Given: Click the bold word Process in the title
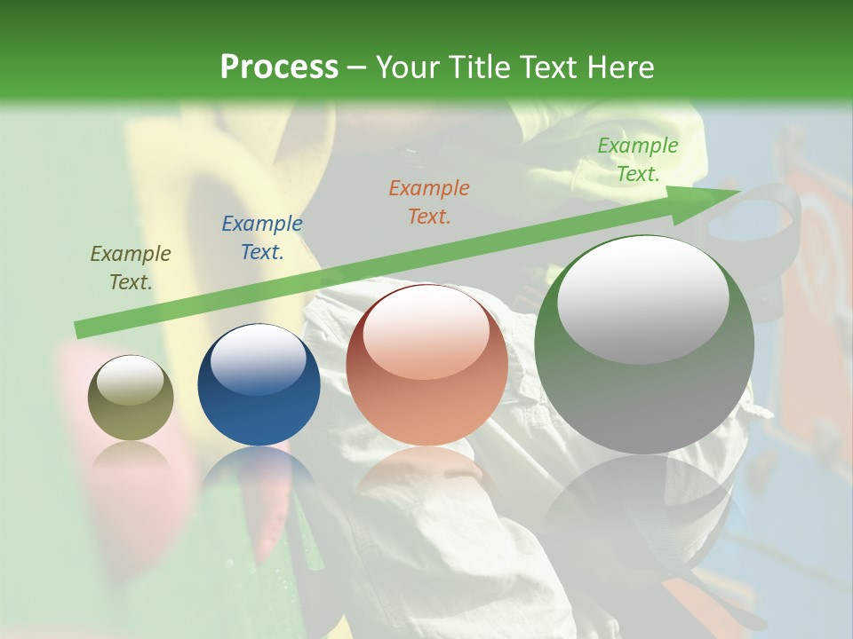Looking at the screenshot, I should (279, 67).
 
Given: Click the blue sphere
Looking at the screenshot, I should (259, 385).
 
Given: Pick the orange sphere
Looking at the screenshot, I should (426, 365).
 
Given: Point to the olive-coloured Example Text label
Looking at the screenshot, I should (131, 268).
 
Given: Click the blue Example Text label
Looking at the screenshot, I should (262, 238).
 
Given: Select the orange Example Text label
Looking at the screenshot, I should (429, 202).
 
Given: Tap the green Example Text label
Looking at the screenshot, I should (637, 160).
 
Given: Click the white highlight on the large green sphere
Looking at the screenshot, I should (643, 299).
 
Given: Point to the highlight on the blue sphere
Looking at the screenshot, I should (259, 359).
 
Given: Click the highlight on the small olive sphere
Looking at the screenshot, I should (130, 381).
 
